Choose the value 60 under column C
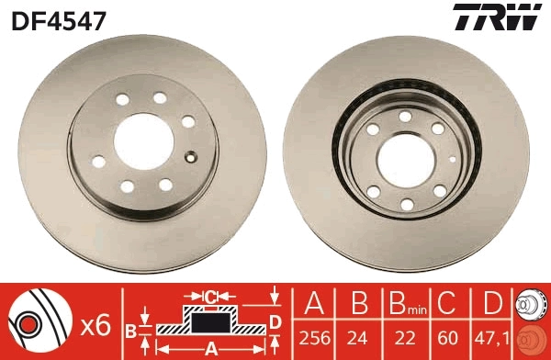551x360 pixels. pyautogui.click(x=448, y=337)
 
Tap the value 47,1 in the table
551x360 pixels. pyautogui.click(x=492, y=337)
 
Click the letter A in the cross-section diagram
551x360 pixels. pyautogui.click(x=210, y=348)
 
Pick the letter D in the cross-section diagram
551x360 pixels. pyautogui.click(x=275, y=320)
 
